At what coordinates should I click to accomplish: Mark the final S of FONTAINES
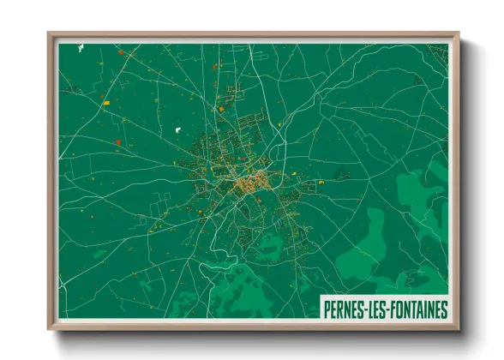(x=444, y=309)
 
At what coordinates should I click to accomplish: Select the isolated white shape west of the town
(x=178, y=129)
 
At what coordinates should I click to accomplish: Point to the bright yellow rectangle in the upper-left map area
(x=106, y=105)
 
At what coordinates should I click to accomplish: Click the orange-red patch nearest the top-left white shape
(x=121, y=53)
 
